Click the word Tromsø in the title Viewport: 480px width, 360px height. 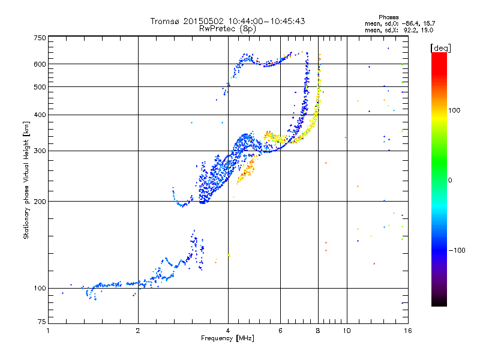(165, 21)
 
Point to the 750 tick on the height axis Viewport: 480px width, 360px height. (39, 38)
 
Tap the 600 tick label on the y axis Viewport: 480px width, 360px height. (39, 64)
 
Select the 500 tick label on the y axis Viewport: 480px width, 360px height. (39, 86)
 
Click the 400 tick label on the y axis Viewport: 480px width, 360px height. (39, 115)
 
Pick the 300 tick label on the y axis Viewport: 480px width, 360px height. (39, 151)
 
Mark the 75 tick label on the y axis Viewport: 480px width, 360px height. (41, 323)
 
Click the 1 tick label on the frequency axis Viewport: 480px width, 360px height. (48, 331)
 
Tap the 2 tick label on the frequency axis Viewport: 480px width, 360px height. (138, 331)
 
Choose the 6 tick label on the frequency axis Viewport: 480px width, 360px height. (280, 331)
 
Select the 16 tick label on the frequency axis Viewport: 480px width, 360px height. (407, 331)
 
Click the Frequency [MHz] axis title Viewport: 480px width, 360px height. (227, 339)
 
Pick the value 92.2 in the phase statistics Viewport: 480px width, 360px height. (409, 29)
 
